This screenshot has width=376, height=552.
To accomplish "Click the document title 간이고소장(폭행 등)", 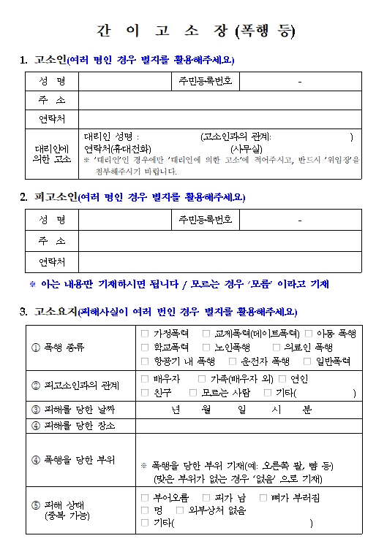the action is (x=196, y=31).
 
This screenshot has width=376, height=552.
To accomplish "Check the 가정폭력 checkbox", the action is (x=145, y=333).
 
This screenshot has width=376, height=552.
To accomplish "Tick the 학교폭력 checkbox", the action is (x=145, y=347).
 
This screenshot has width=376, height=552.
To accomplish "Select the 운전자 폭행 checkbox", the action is (x=233, y=361).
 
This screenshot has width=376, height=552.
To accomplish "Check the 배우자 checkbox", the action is (x=145, y=379).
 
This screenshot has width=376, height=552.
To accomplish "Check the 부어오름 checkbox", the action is (x=145, y=497).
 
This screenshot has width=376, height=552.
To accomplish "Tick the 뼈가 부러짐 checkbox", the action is (x=263, y=497).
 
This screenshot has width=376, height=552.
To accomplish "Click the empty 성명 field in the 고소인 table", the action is (x=124, y=81).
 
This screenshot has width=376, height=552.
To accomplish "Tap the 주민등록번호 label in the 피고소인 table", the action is (x=206, y=219).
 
